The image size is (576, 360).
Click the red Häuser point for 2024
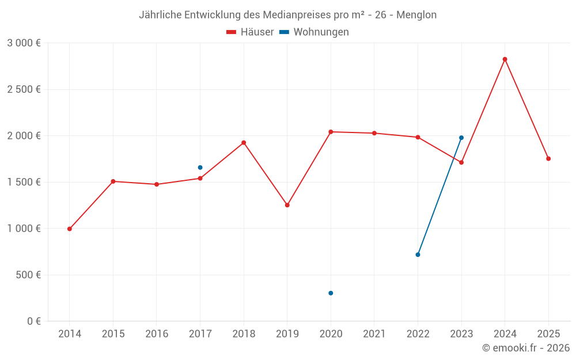pos(505,59)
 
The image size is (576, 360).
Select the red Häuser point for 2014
pos(70,229)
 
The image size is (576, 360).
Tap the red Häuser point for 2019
pos(287,205)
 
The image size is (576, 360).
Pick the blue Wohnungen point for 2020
pos(331,293)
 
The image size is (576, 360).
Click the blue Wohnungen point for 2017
pos(200,168)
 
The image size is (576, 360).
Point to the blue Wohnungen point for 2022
pos(418,255)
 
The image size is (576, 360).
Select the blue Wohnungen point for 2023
pos(461,138)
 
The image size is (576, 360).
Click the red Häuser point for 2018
pos(244,142)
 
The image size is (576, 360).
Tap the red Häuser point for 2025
pos(548,158)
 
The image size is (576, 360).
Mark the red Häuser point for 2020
pos(331,132)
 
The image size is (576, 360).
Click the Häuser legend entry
pos(251,32)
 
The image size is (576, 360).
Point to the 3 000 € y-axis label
pos(24,43)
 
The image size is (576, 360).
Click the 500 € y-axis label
pos(28,275)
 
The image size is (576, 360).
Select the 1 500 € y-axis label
pos(24,182)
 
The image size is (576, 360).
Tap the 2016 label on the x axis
pos(157,334)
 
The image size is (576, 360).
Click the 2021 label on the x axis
pos(374,334)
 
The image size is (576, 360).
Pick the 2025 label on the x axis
pos(548,334)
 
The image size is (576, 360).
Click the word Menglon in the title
pos(416,14)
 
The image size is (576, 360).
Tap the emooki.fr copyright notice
pos(526,348)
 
